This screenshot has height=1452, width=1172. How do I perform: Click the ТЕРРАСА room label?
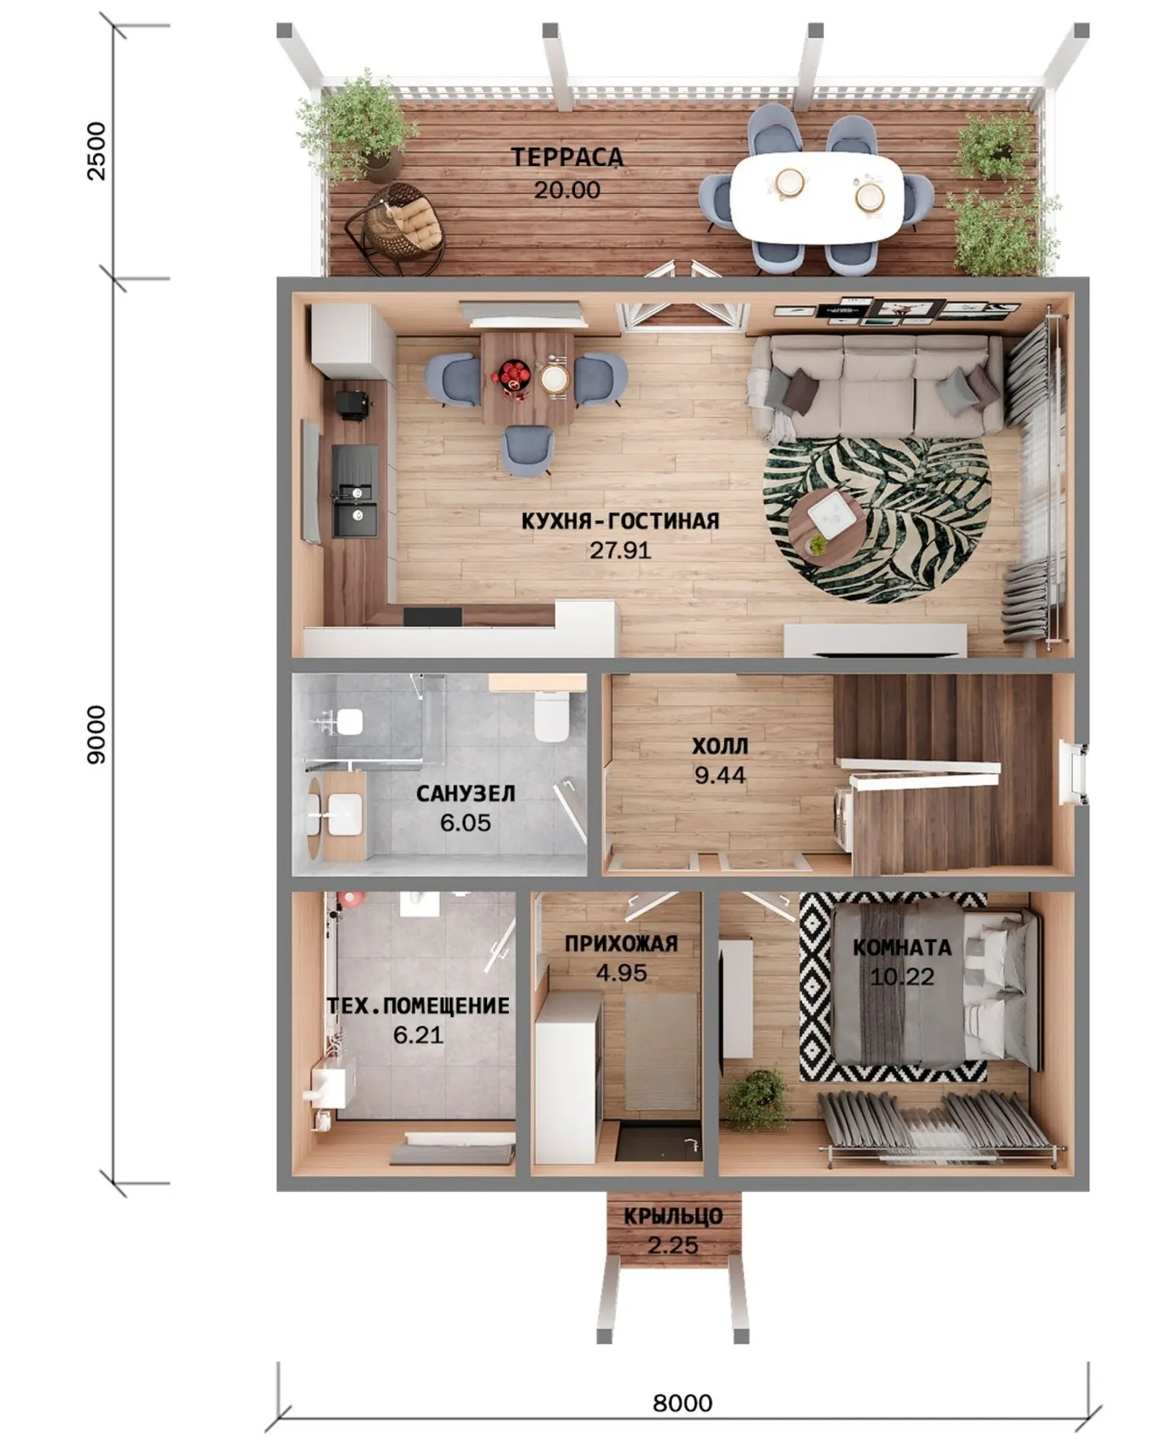pyautogui.click(x=567, y=157)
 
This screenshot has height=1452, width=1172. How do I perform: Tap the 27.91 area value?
pyautogui.click(x=620, y=550)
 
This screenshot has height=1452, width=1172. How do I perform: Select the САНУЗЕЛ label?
pyautogui.click(x=466, y=793)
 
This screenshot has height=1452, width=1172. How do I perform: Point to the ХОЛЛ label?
pyautogui.click(x=720, y=746)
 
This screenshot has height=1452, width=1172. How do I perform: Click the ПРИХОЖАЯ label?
pyautogui.click(x=621, y=944)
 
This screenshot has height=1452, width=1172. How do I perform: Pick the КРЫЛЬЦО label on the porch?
pyautogui.click(x=673, y=1216)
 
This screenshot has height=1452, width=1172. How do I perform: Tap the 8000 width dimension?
pyautogui.click(x=682, y=1403)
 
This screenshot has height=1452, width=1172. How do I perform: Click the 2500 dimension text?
pyautogui.click(x=96, y=151)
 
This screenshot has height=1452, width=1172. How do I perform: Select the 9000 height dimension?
pyautogui.click(x=96, y=735)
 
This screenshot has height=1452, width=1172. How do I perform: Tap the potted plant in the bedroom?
pyautogui.click(x=757, y=1100)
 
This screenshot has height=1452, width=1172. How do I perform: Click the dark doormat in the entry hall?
pyautogui.click(x=656, y=1143)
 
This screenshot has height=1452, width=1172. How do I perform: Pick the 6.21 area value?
pyautogui.click(x=418, y=1035)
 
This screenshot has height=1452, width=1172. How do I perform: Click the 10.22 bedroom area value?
pyautogui.click(x=902, y=977)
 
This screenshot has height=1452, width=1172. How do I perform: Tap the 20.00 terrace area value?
pyautogui.click(x=567, y=190)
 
